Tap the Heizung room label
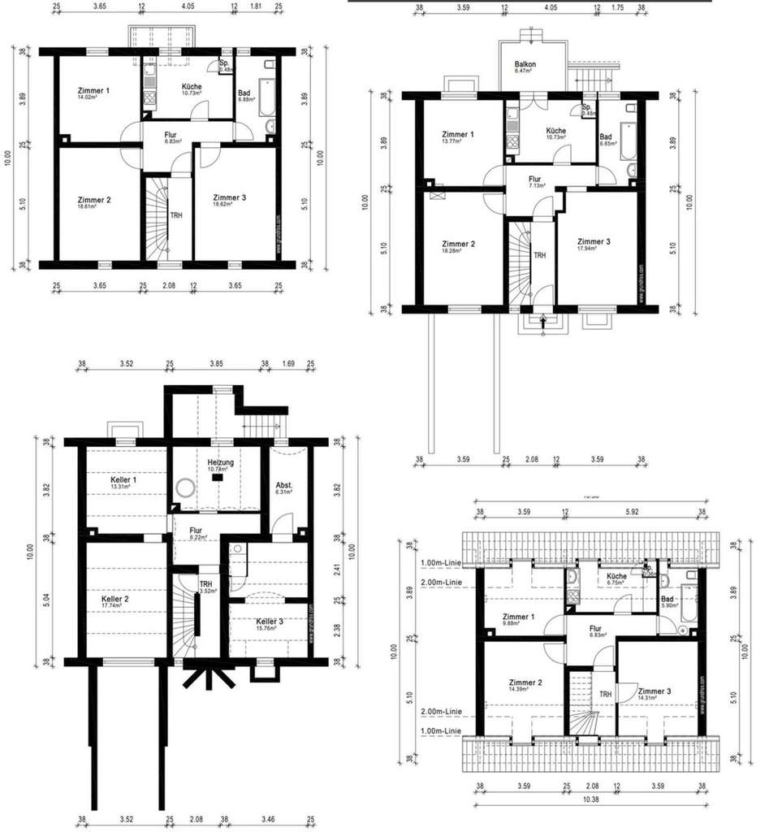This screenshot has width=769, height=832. point(221,462)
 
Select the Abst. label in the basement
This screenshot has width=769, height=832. point(284,485)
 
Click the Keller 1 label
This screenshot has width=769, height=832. point(123,479)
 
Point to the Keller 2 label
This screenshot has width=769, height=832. point(114,598)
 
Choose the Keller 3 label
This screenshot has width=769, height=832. point(269,621)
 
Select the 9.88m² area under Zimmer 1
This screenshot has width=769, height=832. point(513,623)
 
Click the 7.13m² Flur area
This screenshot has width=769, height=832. point(537,186)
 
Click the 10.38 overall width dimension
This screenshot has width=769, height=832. point(590,799)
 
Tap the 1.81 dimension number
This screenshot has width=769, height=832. point(257,6)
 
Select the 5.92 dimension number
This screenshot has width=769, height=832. point(633,512)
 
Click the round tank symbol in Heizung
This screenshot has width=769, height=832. point(186,489)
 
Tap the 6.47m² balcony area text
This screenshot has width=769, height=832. point(522,71)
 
